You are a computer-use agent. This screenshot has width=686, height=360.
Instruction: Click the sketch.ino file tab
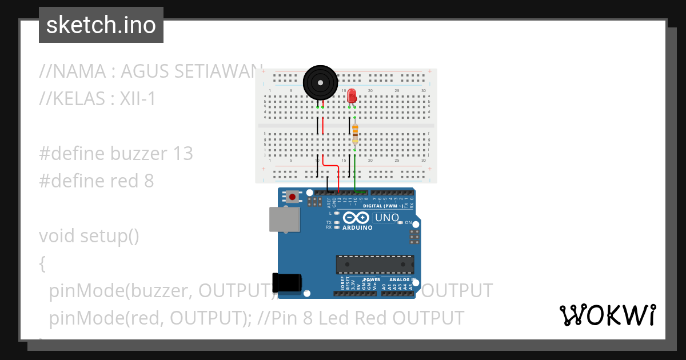pyautogui.click(x=101, y=25)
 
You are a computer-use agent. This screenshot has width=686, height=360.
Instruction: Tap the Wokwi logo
pyautogui.click(x=607, y=315)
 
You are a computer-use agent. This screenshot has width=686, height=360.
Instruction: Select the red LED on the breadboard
pyautogui.click(x=352, y=95)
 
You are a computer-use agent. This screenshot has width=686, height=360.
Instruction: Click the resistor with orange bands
pyautogui.click(x=355, y=133)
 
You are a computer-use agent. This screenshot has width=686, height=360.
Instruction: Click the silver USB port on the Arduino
pyautogui.click(x=285, y=219)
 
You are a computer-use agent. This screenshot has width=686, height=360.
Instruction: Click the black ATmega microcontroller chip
pyautogui.click(x=375, y=265)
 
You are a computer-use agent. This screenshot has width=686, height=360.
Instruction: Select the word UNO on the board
pyautogui.click(x=386, y=218)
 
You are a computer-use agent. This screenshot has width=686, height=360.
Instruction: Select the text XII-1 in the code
pyautogui.click(x=137, y=99)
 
